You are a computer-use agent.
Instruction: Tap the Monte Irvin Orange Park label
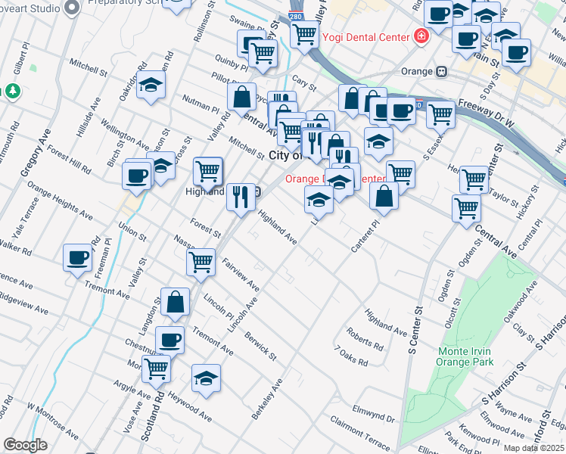[x=465, y=356]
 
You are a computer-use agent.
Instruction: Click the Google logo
[x=25, y=445]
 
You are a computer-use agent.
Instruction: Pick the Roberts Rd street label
[x=365, y=338]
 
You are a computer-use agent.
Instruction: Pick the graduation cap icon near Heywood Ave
[x=206, y=378]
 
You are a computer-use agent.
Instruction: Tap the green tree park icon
[x=12, y=92]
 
